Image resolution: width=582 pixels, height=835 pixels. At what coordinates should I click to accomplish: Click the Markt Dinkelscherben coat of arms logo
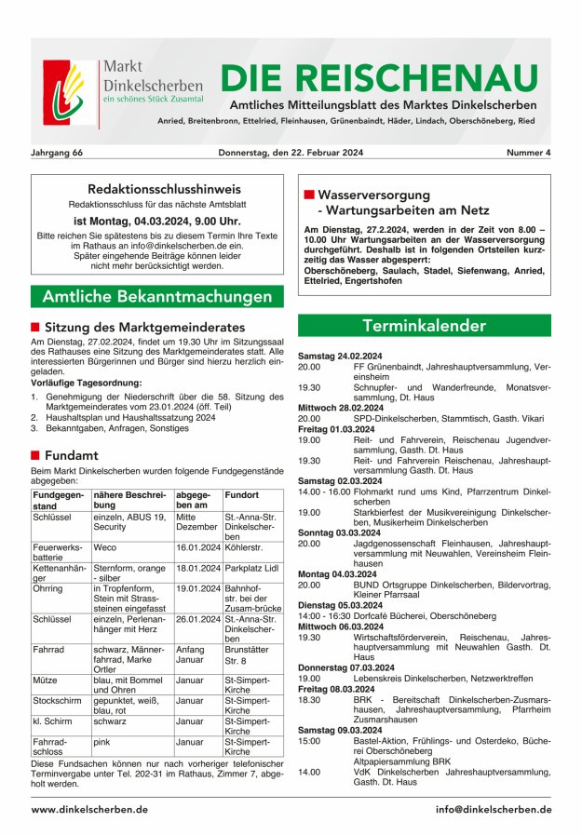coord(69,93)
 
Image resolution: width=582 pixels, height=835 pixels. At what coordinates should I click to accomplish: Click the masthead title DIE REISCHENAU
coord(380,77)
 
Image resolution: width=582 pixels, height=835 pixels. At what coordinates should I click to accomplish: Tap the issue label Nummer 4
coord(528,152)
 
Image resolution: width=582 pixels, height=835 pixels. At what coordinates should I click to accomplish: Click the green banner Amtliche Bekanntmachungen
coord(156,297)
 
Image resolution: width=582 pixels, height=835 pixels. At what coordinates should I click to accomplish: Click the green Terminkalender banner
coord(424,326)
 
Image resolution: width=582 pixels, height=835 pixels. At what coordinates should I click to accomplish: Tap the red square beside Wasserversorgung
coord(309,195)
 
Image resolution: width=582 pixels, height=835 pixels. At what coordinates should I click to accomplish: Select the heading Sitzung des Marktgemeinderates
coord(144,328)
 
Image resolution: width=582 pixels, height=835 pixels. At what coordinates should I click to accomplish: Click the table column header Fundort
coord(242,496)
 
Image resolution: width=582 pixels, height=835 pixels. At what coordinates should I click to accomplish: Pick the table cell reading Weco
coord(105,549)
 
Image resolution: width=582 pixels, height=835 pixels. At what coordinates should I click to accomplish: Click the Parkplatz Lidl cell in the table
coord(251,568)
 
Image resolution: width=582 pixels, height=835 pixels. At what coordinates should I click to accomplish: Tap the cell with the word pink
coord(102,742)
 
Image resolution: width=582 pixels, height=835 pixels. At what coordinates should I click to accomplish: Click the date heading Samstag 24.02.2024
coord(340,357)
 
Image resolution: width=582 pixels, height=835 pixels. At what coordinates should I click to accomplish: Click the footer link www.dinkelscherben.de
coord(89,810)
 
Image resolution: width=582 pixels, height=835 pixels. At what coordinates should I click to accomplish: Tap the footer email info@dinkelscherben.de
coord(493,810)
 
